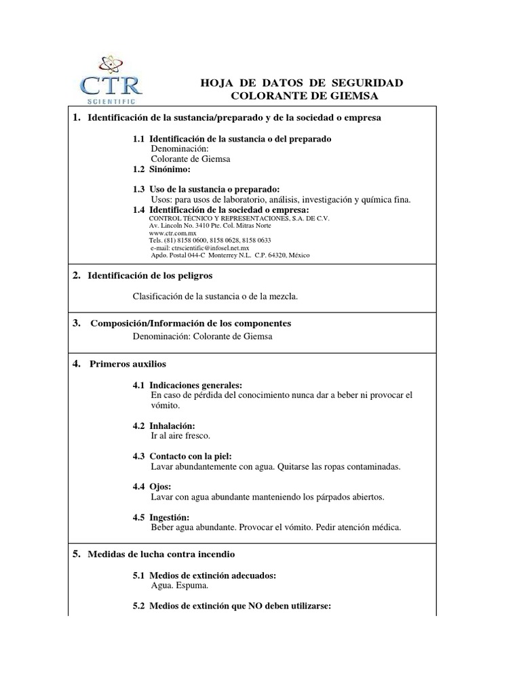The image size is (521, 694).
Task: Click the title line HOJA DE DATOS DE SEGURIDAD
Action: [x=302, y=83]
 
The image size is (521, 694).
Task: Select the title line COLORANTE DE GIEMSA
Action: [x=304, y=96]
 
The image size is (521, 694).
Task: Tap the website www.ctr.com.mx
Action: [x=167, y=232]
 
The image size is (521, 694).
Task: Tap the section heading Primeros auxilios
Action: [x=128, y=364]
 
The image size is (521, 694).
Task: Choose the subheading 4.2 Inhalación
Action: [x=168, y=425]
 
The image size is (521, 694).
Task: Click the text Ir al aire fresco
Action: [x=180, y=435]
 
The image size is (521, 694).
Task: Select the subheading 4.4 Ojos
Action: [x=153, y=487]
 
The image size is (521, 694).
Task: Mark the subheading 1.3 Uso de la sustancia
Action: [x=206, y=189]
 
